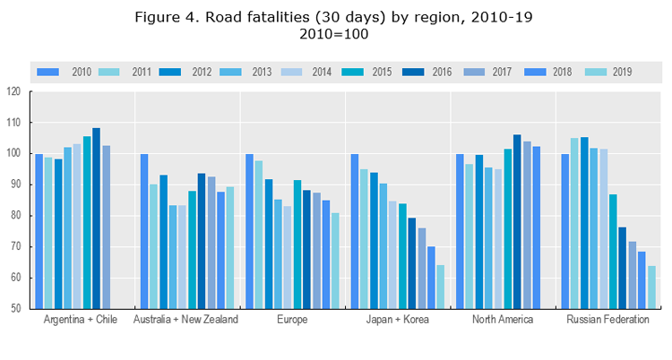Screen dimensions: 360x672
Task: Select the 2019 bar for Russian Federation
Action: (651, 287)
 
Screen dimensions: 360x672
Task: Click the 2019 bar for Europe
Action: (335, 260)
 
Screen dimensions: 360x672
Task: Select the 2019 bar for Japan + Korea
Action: (441, 286)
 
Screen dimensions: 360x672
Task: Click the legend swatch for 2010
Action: (48, 71)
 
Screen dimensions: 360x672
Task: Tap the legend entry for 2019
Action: (613, 71)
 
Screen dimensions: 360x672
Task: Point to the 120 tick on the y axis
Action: (13, 91)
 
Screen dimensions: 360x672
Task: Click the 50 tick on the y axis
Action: (15, 309)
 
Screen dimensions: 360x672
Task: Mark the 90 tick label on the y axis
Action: (15, 184)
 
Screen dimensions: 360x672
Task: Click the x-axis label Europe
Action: (292, 320)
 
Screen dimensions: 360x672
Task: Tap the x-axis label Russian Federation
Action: (608, 320)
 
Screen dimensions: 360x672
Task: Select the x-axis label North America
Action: (503, 320)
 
